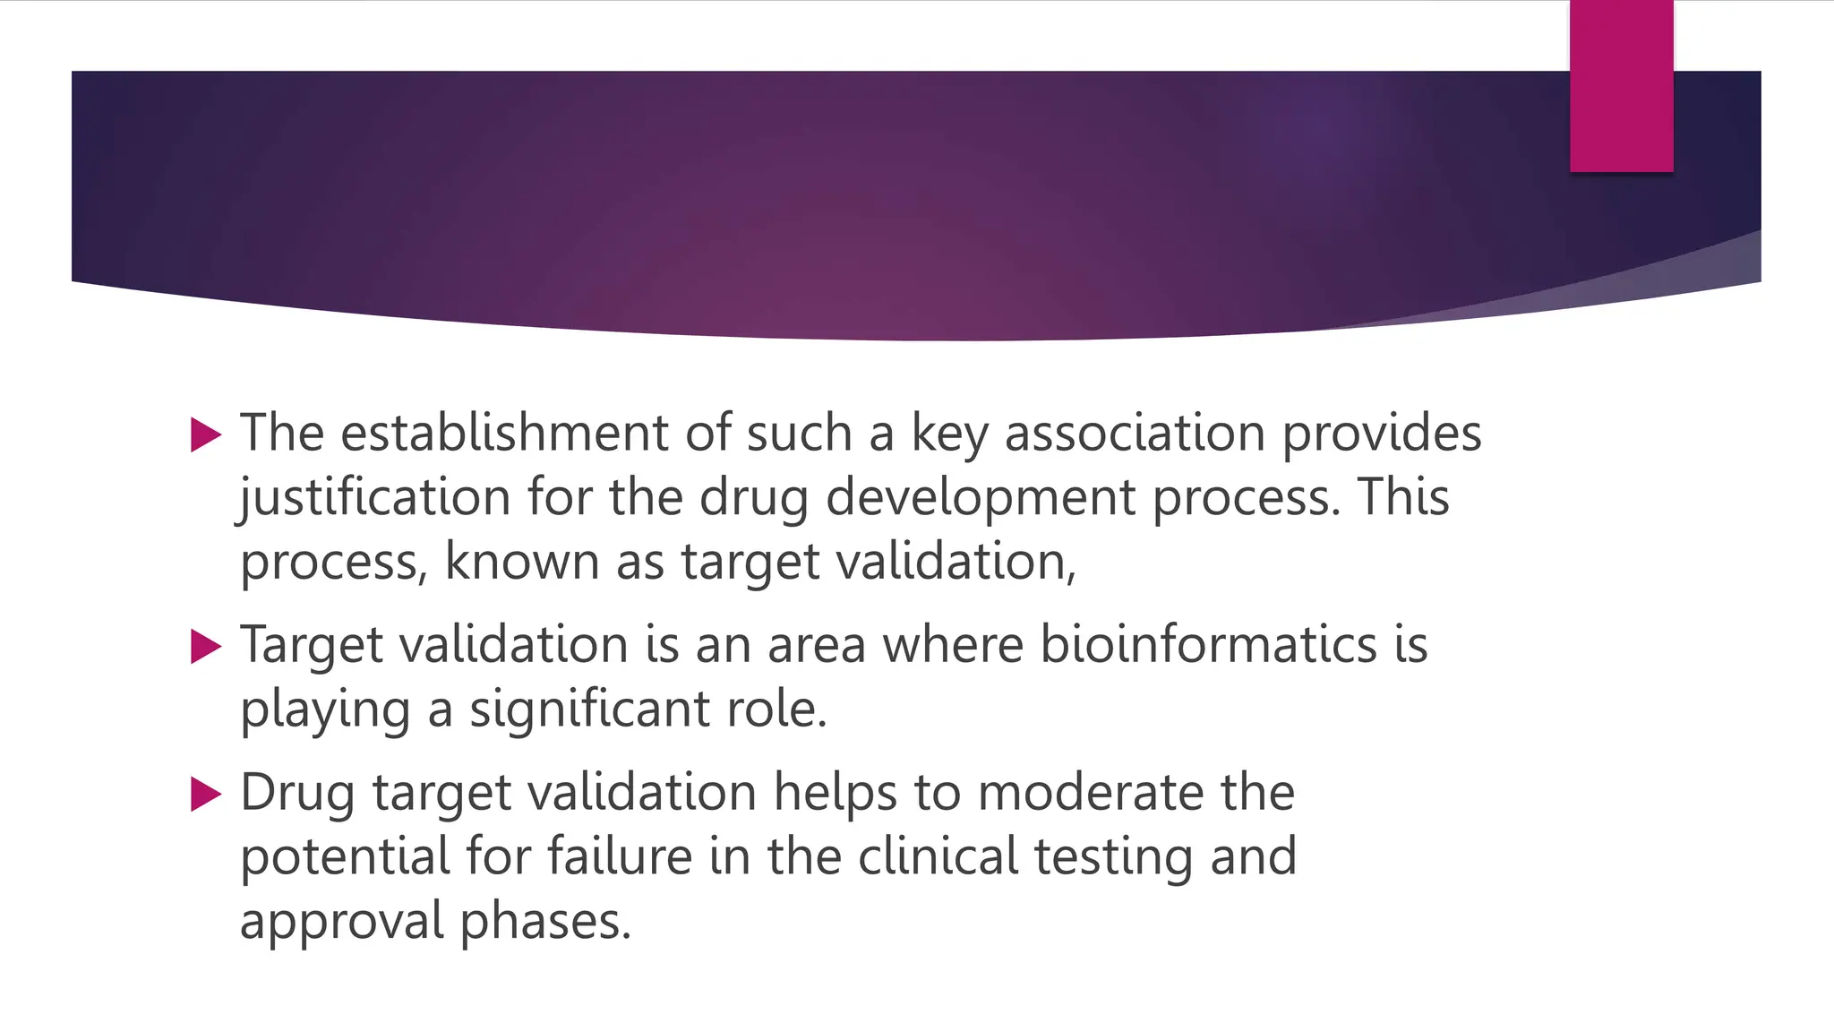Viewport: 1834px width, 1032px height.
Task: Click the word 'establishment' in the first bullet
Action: [x=504, y=433]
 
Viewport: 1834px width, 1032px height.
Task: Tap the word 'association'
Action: [x=1135, y=433]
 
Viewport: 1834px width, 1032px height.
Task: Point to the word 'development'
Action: [x=980, y=497]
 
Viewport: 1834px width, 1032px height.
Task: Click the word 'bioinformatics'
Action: [x=1208, y=644]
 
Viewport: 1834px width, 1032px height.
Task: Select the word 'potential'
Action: [x=345, y=856]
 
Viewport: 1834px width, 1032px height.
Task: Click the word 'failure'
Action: [x=620, y=856]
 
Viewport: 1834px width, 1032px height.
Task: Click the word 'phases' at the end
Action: [x=545, y=921]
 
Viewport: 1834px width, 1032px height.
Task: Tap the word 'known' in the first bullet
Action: [x=521, y=562]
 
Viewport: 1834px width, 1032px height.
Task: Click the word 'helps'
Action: [x=835, y=792]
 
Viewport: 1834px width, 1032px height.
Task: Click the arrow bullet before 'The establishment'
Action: [x=206, y=435]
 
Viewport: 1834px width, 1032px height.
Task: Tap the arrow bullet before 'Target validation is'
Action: [x=206, y=647]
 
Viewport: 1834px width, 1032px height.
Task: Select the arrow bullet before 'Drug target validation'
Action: [x=206, y=795]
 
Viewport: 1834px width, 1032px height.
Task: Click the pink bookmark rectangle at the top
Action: [x=1621, y=86]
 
